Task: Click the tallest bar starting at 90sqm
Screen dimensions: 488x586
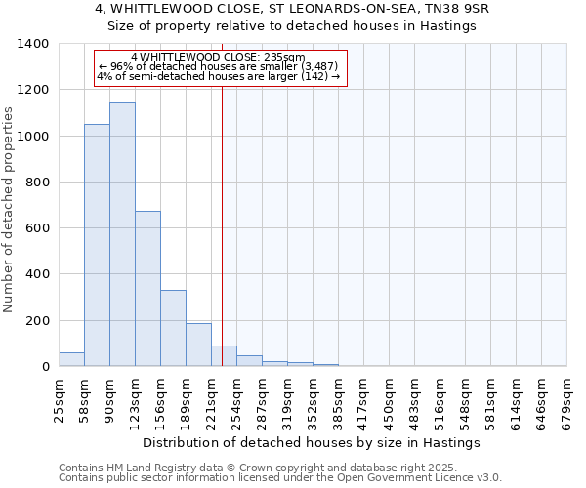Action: (122, 234)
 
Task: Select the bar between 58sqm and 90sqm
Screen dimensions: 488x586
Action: (97, 245)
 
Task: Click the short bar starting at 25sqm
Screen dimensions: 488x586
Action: (71, 359)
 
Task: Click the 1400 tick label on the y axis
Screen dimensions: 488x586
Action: (33, 44)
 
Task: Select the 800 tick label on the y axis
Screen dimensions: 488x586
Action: (37, 183)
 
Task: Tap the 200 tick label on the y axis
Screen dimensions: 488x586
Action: (37, 321)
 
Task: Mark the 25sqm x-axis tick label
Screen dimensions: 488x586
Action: (59, 398)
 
